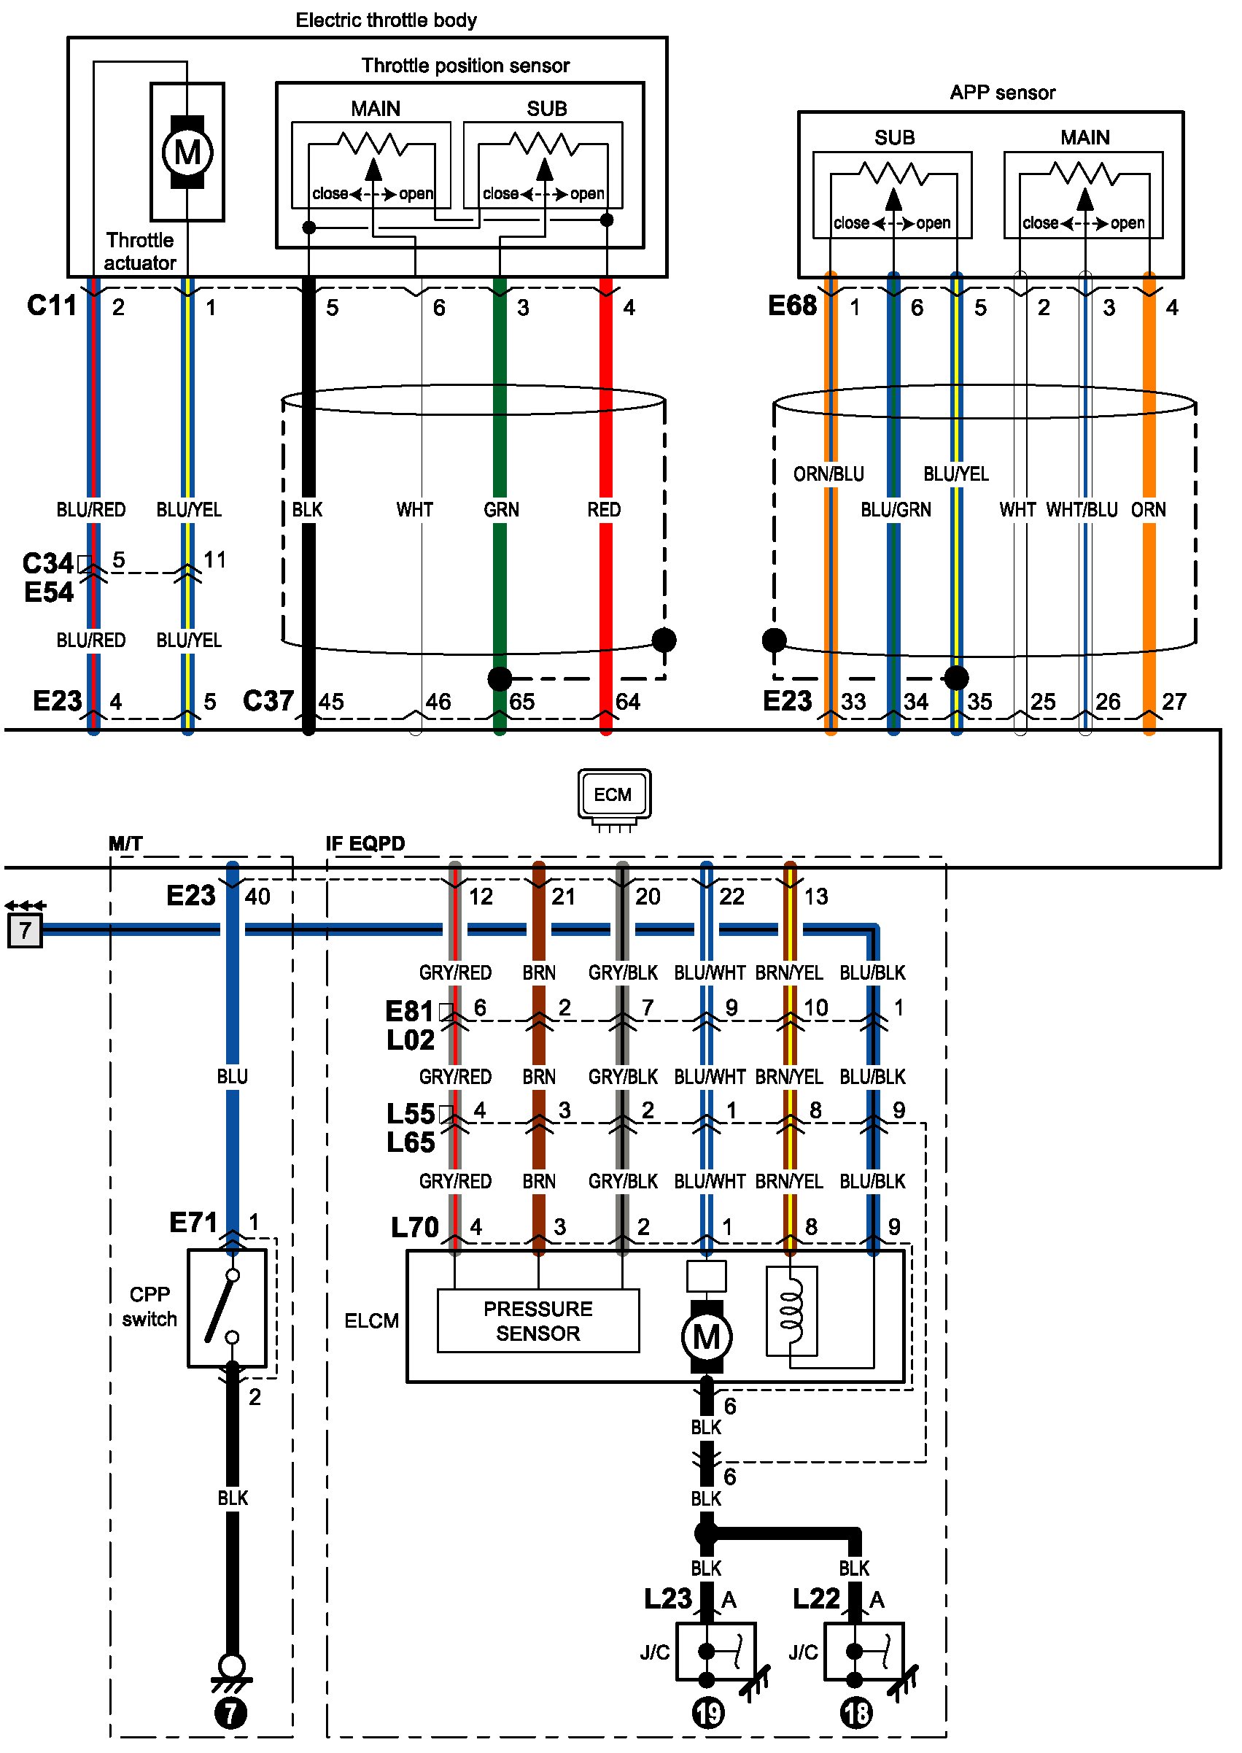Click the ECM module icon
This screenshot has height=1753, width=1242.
coord(614,795)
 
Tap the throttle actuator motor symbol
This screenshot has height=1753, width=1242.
coord(187,152)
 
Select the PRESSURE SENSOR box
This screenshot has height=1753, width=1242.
coord(537,1321)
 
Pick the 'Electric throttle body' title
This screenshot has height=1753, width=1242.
coord(387,20)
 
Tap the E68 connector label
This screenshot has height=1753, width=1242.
coord(792,306)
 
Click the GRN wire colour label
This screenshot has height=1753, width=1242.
coord(501,509)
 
